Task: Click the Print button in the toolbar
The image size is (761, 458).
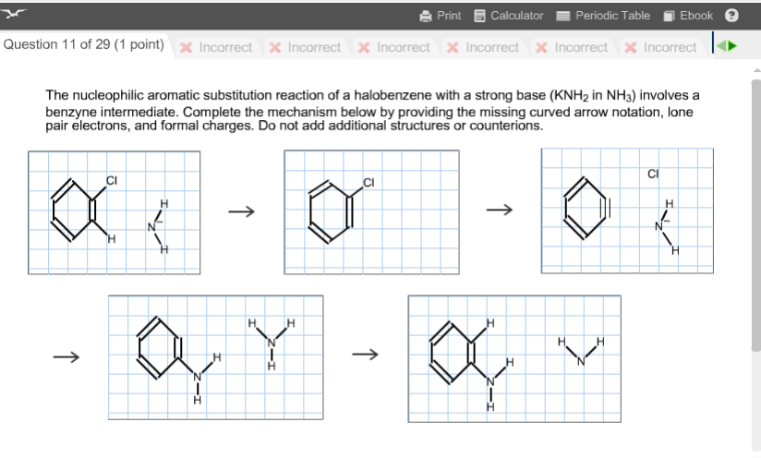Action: [440, 15]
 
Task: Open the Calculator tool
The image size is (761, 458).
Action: [508, 15]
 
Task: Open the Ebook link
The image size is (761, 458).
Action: [689, 15]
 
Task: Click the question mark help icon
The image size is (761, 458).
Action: [731, 15]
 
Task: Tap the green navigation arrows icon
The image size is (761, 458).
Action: [728, 46]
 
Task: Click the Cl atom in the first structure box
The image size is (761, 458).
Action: [111, 179]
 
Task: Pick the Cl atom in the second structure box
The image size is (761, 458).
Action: [368, 181]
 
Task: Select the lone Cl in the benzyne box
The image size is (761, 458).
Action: [653, 173]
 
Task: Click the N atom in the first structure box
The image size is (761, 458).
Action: [151, 227]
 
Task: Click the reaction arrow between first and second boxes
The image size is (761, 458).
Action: [241, 211]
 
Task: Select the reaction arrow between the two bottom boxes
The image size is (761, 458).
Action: [366, 355]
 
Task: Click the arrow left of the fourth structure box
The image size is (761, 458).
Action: [65, 355]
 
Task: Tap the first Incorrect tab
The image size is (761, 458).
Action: [217, 47]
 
